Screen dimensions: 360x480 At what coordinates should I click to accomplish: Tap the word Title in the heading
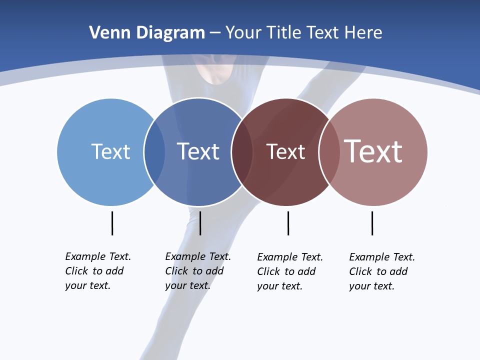coord(284,33)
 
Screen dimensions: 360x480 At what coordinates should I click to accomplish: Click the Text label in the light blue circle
coord(110,151)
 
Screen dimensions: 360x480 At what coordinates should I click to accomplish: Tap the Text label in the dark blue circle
coord(198,151)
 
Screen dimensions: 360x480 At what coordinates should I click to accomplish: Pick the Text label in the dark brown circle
coord(285,152)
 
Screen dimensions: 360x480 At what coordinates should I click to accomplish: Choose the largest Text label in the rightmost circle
coord(373,151)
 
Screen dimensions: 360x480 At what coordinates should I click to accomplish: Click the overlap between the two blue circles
coord(155,152)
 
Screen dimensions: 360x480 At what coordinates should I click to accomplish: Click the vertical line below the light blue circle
coord(112,223)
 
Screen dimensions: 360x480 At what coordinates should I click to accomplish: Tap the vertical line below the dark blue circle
coord(200,223)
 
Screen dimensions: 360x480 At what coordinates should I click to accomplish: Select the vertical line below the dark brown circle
coord(288,223)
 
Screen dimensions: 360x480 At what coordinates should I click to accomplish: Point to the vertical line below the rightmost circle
coord(372,223)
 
